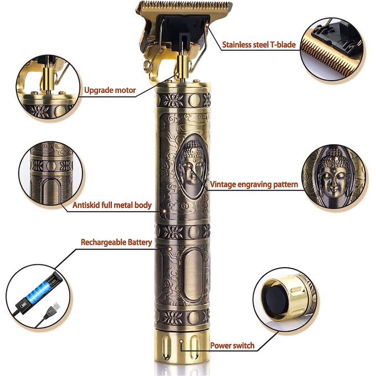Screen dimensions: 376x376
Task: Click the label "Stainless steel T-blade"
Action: [259, 45]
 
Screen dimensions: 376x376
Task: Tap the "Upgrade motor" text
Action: [110, 90]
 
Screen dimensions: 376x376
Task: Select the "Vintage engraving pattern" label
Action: [254, 184]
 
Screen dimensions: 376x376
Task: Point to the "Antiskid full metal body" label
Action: [112, 205]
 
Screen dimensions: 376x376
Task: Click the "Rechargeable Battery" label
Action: [116, 242]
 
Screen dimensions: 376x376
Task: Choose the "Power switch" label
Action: [232, 346]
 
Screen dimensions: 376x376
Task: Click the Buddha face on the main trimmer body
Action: [191, 168]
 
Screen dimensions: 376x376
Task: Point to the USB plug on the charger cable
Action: [55, 307]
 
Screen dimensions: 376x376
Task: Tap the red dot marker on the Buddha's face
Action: [189, 165]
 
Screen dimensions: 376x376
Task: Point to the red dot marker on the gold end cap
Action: [181, 341]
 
